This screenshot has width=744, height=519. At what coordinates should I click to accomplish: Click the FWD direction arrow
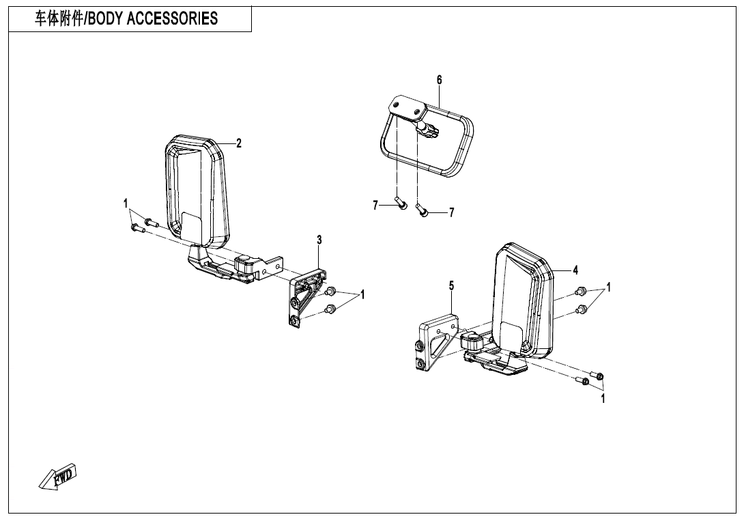pyautogui.click(x=59, y=477)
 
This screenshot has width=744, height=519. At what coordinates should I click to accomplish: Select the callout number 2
pyautogui.click(x=239, y=143)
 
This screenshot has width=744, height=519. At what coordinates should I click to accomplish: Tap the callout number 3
pyautogui.click(x=319, y=239)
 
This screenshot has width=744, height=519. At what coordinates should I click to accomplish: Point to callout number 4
pyautogui.click(x=575, y=270)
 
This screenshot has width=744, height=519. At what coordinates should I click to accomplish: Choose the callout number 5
pyautogui.click(x=451, y=285)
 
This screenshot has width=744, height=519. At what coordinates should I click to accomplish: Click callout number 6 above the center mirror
pyautogui.click(x=440, y=81)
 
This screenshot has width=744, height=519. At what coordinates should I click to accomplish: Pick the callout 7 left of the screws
pyautogui.click(x=375, y=206)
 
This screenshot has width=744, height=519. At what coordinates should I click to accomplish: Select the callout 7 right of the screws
pyautogui.click(x=451, y=213)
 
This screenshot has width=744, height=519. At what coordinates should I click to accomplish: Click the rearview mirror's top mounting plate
pyautogui.click(x=405, y=108)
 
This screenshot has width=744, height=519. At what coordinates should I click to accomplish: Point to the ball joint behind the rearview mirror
pyautogui.click(x=429, y=128)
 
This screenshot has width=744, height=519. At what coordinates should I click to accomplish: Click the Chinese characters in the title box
pyautogui.click(x=58, y=19)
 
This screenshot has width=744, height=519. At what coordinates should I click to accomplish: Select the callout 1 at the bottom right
pyautogui.click(x=603, y=399)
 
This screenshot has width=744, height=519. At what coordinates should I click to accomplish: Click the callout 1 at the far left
pyautogui.click(x=126, y=204)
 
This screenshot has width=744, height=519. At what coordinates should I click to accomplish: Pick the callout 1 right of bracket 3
pyautogui.click(x=363, y=294)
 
